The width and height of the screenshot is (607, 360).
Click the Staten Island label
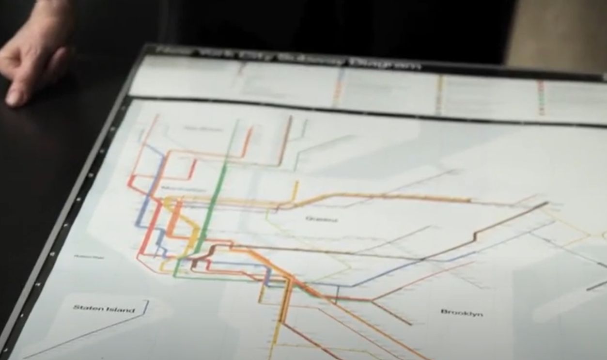[104, 309]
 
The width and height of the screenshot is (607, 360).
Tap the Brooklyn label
[462, 313]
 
